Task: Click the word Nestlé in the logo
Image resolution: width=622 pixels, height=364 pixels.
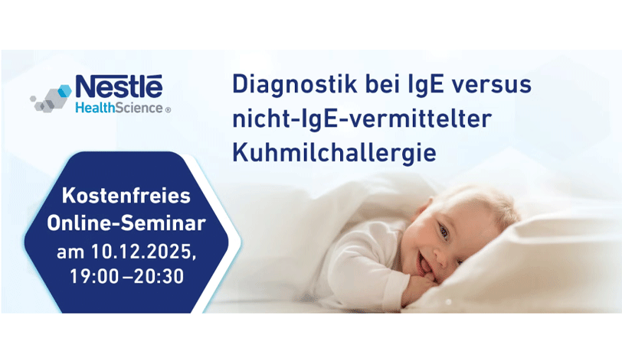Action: pyautogui.click(x=119, y=86)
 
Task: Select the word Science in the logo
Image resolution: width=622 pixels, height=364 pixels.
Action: pyautogui.click(x=139, y=108)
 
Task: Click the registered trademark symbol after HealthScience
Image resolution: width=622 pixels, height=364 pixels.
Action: pyautogui.click(x=168, y=110)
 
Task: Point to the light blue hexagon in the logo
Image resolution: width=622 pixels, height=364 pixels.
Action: pyautogui.click(x=64, y=91)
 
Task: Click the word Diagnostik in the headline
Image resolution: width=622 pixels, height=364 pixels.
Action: pyautogui.click(x=294, y=85)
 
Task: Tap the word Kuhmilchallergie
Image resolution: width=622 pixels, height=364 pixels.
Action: pyautogui.click(x=335, y=153)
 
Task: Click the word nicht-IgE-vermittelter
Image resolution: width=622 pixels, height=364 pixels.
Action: pyautogui.click(x=362, y=119)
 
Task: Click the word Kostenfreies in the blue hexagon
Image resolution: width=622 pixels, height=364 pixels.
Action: pyautogui.click(x=126, y=196)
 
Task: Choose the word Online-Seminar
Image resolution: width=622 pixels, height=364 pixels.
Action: pyautogui.click(x=126, y=223)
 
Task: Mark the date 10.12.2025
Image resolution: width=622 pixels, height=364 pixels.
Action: pyautogui.click(x=143, y=252)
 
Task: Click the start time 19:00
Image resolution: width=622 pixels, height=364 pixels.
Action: pyautogui.click(x=94, y=277)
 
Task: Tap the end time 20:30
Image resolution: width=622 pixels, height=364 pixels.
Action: pyautogui.click(x=159, y=277)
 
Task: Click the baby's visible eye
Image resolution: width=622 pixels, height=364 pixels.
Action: pyautogui.click(x=444, y=232)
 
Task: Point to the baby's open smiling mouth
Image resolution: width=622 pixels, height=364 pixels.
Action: pyautogui.click(x=424, y=263)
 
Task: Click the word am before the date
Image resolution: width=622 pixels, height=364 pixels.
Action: pyautogui.click(x=70, y=252)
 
